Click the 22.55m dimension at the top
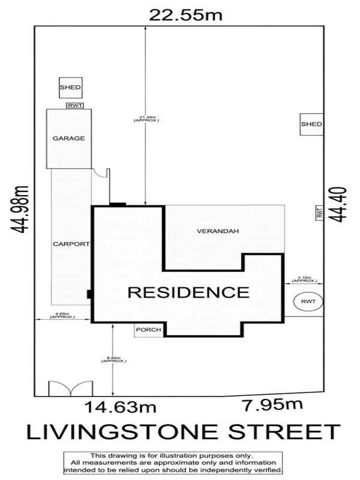click(x=185, y=14)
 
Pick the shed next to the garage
click(x=70, y=88)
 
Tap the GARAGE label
click(x=68, y=139)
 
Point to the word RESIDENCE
click(x=188, y=293)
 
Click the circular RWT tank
click(x=308, y=301)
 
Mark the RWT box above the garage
click(x=75, y=106)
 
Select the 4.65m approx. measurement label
click(x=62, y=314)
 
